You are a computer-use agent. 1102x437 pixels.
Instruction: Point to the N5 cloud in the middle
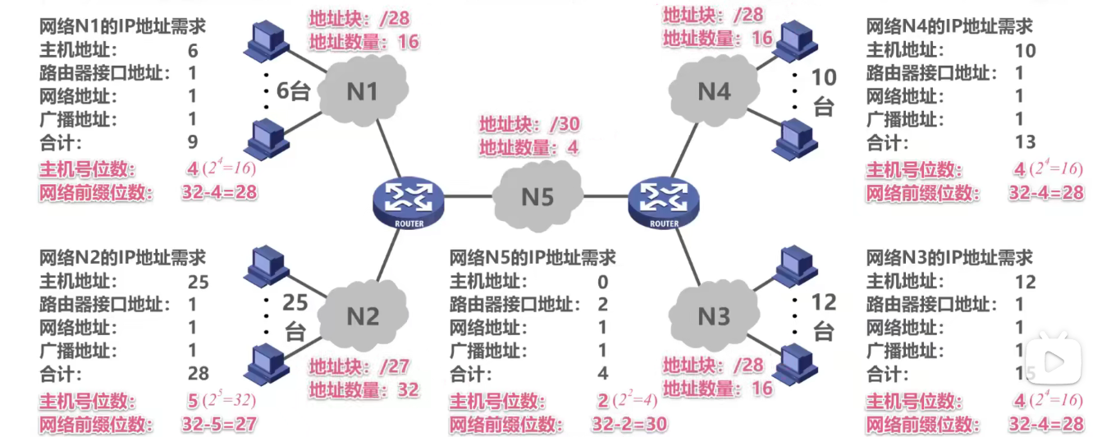[x=537, y=197]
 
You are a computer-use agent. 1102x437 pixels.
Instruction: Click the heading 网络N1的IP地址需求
[x=123, y=26]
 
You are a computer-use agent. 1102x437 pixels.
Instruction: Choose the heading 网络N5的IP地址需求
[x=533, y=259]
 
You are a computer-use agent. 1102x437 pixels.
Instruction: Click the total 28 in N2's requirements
[x=198, y=375]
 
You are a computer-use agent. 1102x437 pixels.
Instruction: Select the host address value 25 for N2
[x=198, y=283]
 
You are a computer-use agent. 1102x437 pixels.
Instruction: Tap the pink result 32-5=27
[x=218, y=424]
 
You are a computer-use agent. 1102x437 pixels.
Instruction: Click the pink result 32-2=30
[x=629, y=424]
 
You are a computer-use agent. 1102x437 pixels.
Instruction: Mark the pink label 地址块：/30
[x=529, y=125]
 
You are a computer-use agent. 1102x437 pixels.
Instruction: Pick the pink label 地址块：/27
[x=359, y=367]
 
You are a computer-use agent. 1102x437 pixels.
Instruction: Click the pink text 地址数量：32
[x=364, y=389]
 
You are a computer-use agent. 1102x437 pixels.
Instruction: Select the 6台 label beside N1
[x=292, y=90]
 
